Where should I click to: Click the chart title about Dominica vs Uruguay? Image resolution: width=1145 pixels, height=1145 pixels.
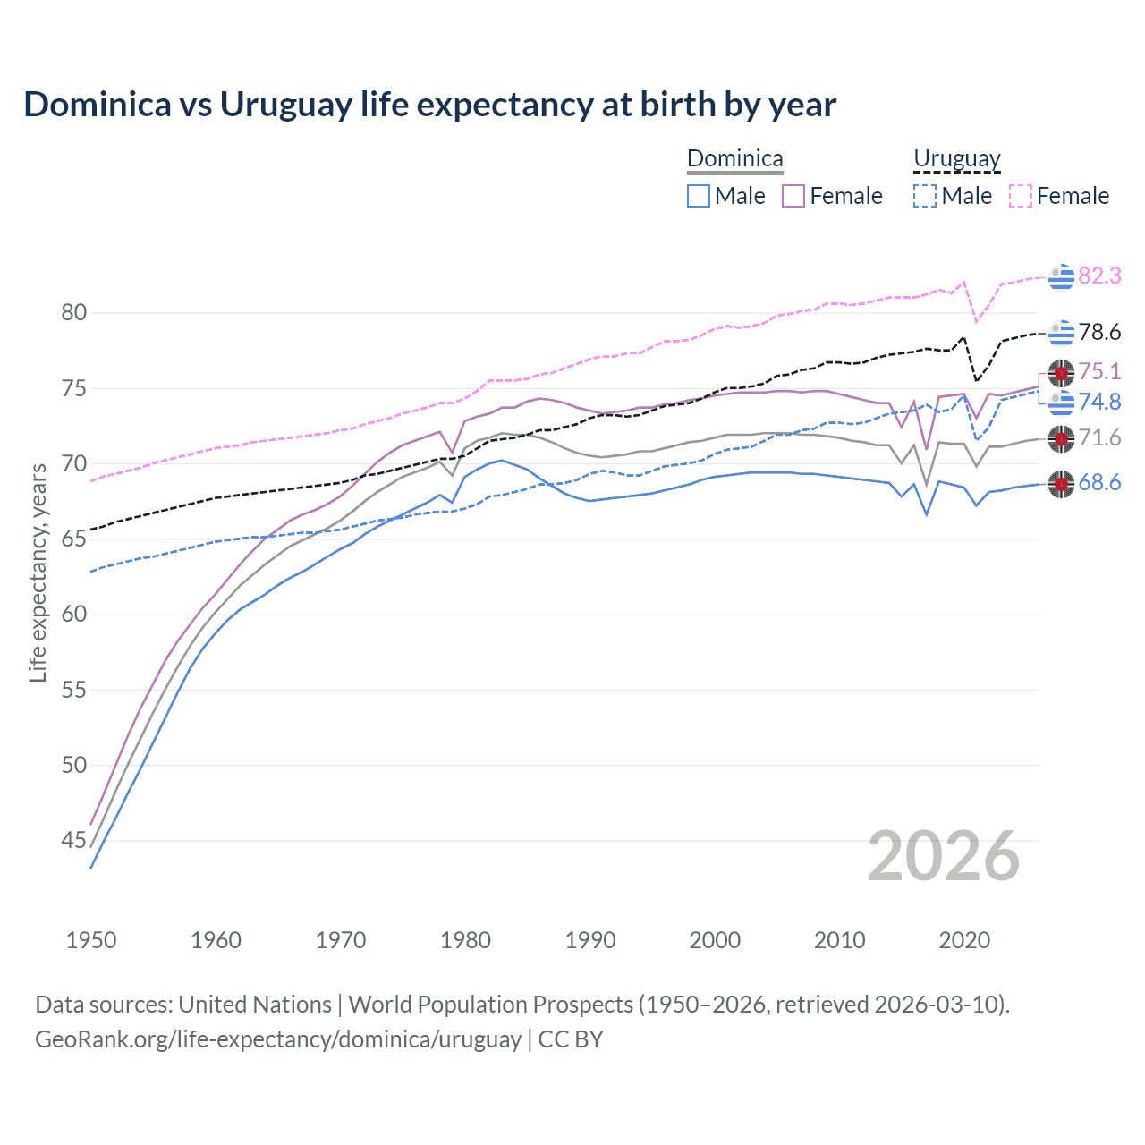pyautogui.click(x=429, y=105)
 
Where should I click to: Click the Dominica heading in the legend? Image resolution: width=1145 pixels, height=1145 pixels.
pyautogui.click(x=734, y=159)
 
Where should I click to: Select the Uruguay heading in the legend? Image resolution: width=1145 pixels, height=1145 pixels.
pyautogui.click(x=956, y=159)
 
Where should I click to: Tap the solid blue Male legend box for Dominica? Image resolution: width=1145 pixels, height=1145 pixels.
pyautogui.click(x=699, y=196)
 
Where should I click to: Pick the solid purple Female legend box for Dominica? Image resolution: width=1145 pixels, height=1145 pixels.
pyautogui.click(x=793, y=196)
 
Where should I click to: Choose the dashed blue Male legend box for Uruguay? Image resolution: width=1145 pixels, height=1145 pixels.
pyautogui.click(x=925, y=196)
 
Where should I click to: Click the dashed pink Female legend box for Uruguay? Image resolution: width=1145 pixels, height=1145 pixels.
pyautogui.click(x=1021, y=196)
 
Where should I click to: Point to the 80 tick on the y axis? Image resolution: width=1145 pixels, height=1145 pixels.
pyautogui.click(x=74, y=313)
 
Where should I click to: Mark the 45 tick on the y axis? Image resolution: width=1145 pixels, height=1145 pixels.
pyautogui.click(x=74, y=840)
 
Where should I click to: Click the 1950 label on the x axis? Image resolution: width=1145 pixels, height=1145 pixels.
pyautogui.click(x=91, y=940)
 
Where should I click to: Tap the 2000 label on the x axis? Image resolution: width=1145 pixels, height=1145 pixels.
pyautogui.click(x=715, y=940)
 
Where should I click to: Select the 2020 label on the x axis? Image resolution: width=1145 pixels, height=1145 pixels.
pyautogui.click(x=964, y=940)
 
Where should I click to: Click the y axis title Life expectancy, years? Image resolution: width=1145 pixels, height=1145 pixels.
pyautogui.click(x=38, y=572)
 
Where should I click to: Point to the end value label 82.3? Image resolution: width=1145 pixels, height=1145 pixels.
pyautogui.click(x=1099, y=276)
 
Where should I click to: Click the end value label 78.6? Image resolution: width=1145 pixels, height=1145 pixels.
pyautogui.click(x=1099, y=333)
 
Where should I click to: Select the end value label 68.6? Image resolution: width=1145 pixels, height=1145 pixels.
pyautogui.click(x=1099, y=483)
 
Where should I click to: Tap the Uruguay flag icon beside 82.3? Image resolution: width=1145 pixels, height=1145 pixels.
pyautogui.click(x=1061, y=277)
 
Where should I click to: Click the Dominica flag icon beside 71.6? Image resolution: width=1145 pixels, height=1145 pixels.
pyautogui.click(x=1061, y=438)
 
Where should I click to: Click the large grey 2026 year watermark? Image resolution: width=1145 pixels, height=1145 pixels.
pyautogui.click(x=944, y=856)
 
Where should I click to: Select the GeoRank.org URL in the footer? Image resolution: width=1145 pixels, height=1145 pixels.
pyautogui.click(x=277, y=1039)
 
